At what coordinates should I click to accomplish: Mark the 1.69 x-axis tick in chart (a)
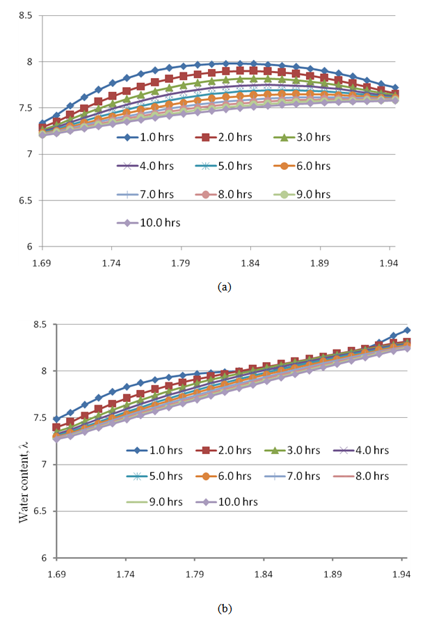tap(42, 264)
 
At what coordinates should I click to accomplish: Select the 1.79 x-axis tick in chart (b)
tap(195, 575)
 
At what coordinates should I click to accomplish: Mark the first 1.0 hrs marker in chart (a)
tap(42, 123)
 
